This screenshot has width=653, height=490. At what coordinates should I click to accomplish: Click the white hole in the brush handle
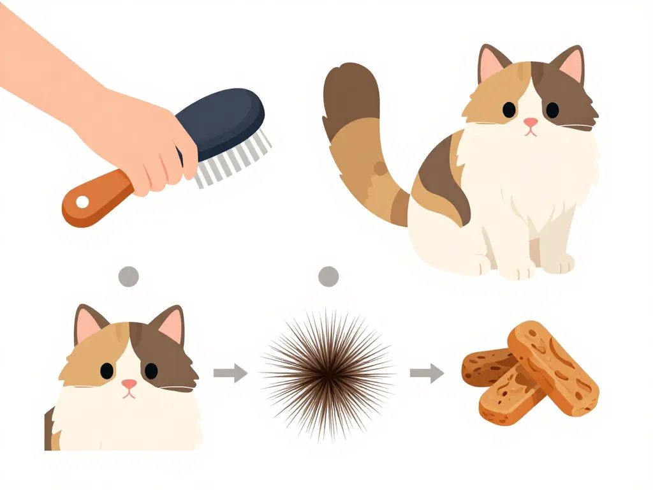point(82,202)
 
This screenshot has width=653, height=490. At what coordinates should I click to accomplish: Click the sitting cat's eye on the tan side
point(509,110)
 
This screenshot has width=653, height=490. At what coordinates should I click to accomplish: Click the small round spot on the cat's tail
point(380,168)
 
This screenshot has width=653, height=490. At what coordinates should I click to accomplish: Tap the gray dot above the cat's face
point(129,276)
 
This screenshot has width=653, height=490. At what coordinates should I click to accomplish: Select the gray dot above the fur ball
point(328,276)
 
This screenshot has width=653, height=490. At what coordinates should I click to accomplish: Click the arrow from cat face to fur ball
point(230,372)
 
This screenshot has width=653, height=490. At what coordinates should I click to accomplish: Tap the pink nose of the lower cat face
point(129,383)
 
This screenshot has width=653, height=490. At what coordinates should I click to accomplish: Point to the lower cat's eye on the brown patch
point(151,371)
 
